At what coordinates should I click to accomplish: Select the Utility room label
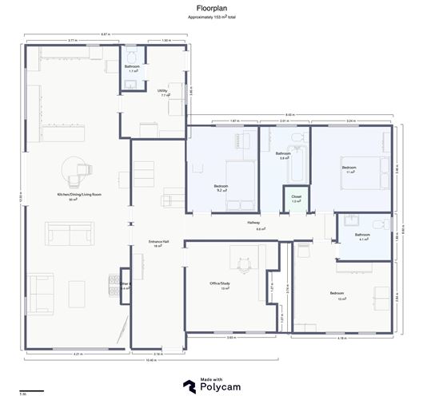tap(162, 91)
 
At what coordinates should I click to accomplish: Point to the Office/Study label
tap(220, 283)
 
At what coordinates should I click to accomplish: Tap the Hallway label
tap(253, 223)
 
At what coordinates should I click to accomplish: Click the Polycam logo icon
tap(188, 386)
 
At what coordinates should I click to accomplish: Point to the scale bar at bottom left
tap(30, 390)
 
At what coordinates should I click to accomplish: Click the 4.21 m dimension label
tap(77, 354)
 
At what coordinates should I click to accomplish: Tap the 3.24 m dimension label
tap(351, 121)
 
